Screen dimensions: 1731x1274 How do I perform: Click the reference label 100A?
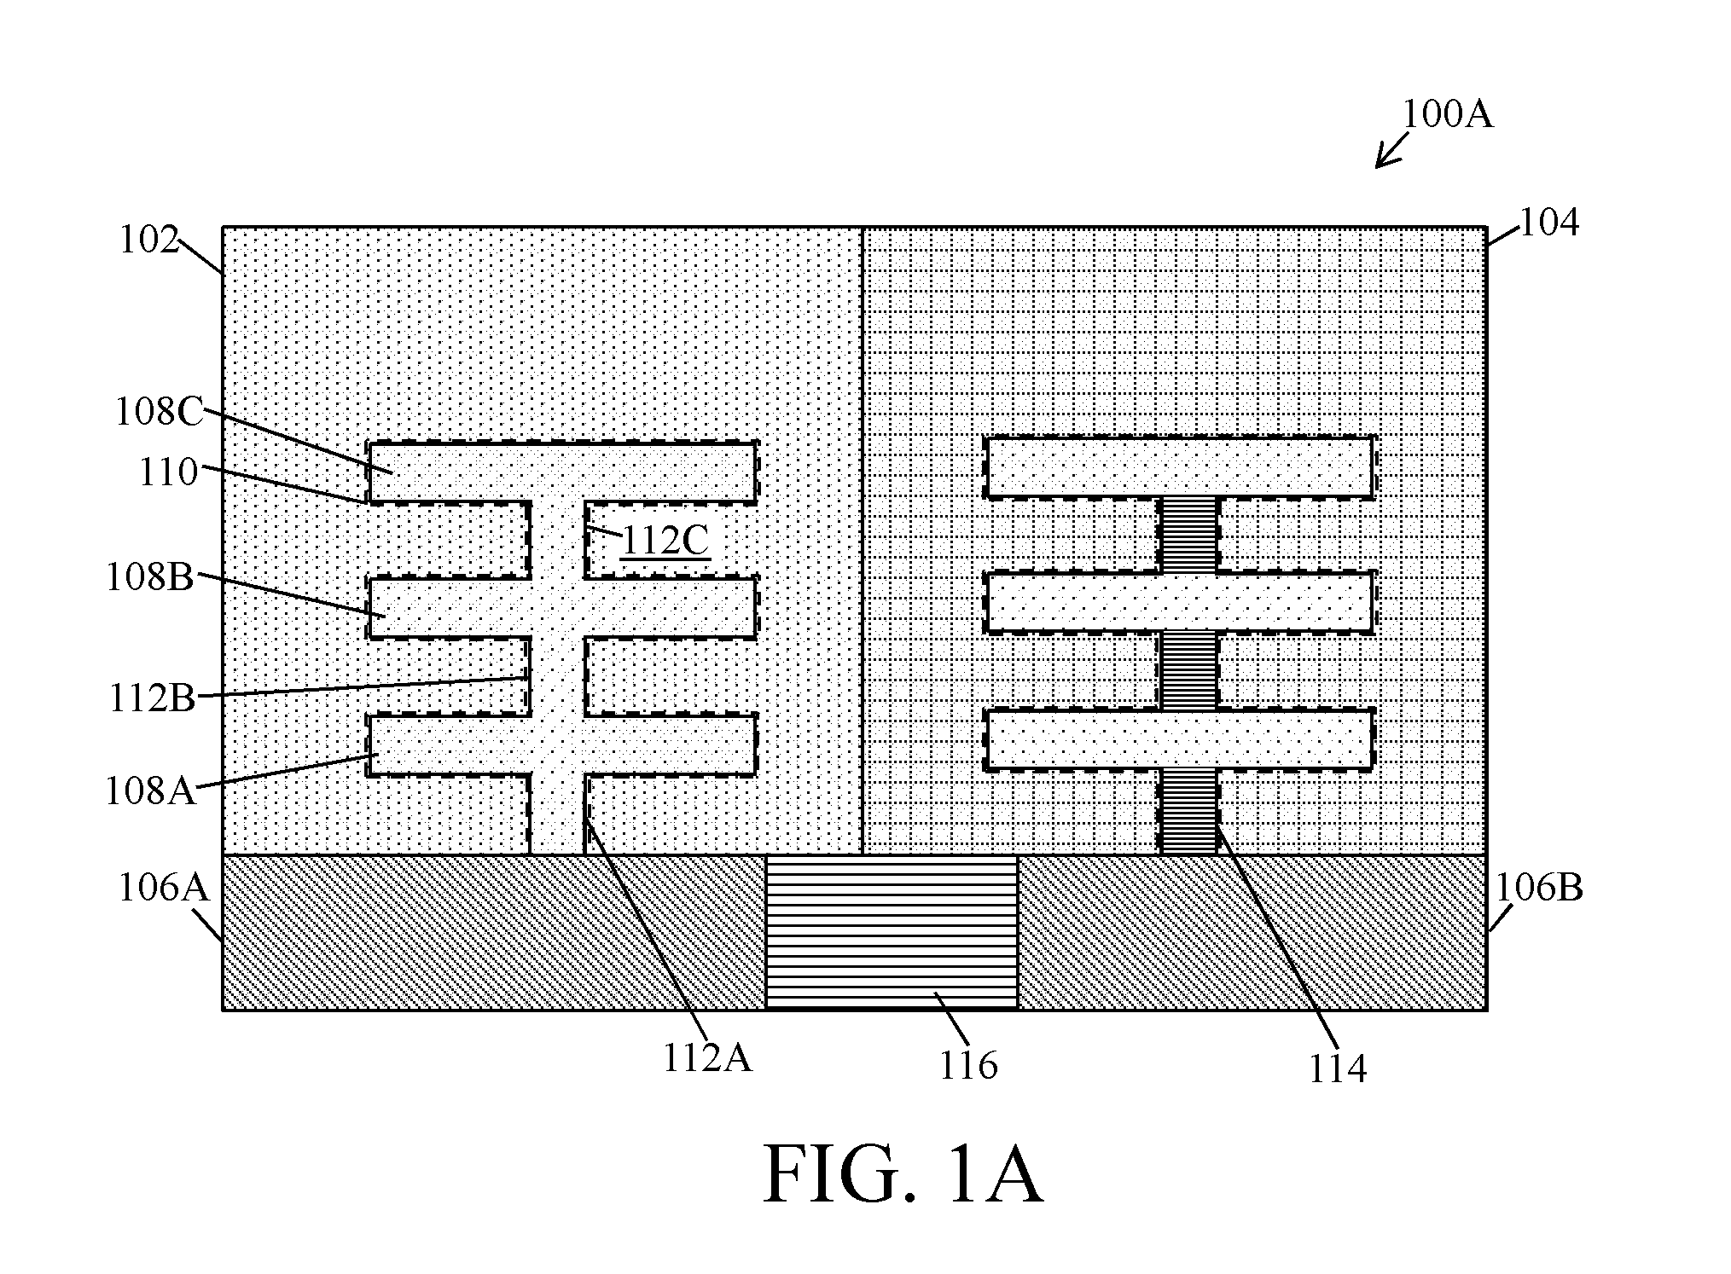(1448, 114)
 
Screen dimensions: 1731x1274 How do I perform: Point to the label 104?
(1549, 223)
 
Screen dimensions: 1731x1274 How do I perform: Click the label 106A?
(163, 888)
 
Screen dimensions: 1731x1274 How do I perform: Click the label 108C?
(160, 412)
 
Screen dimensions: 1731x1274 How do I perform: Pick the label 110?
(169, 472)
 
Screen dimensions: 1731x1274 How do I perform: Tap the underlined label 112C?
(665, 540)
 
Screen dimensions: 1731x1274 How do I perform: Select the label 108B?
(150, 577)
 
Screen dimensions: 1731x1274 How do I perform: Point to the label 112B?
(152, 698)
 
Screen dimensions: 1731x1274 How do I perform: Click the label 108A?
(150, 790)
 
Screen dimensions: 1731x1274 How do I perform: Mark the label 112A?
(707, 1058)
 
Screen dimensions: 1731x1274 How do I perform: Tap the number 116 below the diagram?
(968, 1065)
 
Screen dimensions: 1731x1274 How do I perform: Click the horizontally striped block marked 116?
(892, 932)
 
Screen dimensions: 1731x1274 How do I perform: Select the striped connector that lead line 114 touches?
(1188, 811)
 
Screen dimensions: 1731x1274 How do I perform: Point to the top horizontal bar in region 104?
(1179, 467)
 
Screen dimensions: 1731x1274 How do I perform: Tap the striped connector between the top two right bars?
(1188, 535)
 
